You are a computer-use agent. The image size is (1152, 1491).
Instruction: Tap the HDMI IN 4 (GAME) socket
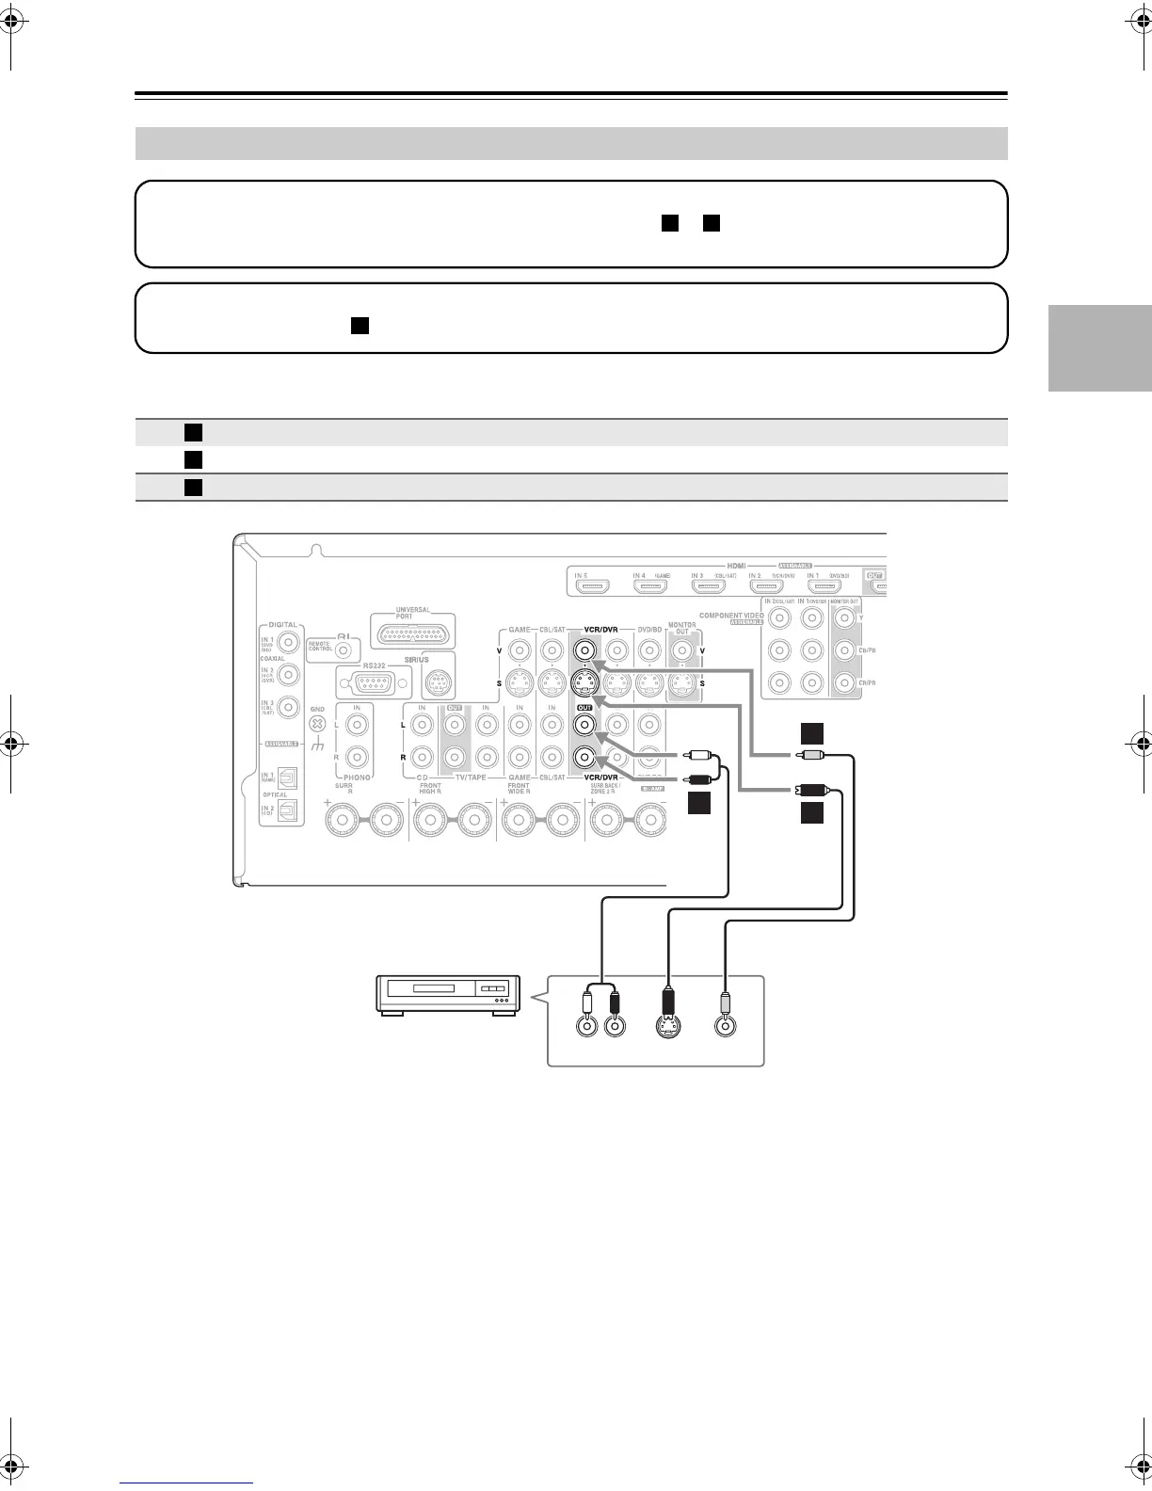(x=650, y=587)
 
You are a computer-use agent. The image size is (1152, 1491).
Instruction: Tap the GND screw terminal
(x=317, y=724)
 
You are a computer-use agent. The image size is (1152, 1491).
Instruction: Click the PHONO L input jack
(x=357, y=724)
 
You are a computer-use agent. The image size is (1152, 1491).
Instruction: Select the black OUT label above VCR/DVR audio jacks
(x=584, y=706)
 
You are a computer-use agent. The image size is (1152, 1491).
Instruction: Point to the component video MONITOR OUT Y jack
(x=843, y=618)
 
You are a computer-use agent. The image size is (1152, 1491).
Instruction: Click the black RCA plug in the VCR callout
(x=615, y=1002)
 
